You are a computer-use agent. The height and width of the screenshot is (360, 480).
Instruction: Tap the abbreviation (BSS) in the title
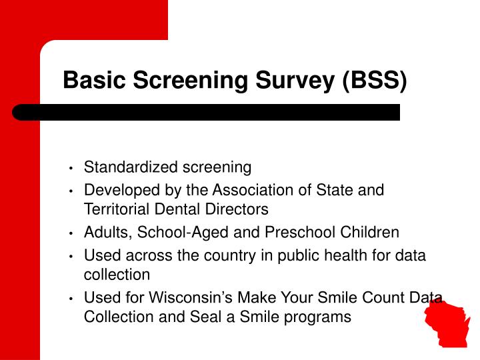click(x=375, y=81)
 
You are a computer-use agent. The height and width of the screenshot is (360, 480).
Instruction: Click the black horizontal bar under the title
click(x=207, y=112)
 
